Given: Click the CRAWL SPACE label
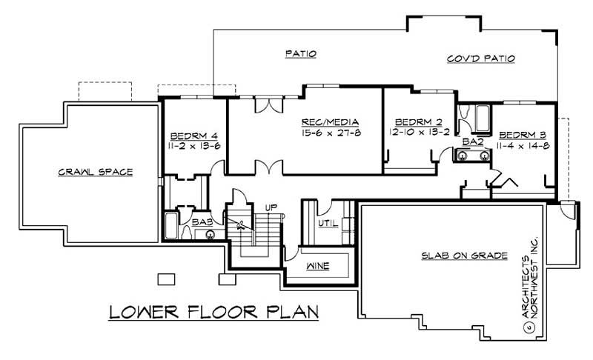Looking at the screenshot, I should pyautogui.click(x=95, y=172).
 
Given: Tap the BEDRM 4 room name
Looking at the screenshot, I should pyautogui.click(x=193, y=136).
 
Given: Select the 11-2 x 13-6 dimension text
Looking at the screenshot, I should pyautogui.click(x=194, y=145).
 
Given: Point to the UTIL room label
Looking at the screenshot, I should pyautogui.click(x=328, y=222).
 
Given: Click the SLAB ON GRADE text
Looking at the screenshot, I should pyautogui.click(x=464, y=256).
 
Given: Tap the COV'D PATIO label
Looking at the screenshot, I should pyautogui.click(x=481, y=59).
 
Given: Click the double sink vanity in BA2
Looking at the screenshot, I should pyautogui.click(x=472, y=156).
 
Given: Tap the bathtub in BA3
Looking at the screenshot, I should pyautogui.click(x=170, y=224).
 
